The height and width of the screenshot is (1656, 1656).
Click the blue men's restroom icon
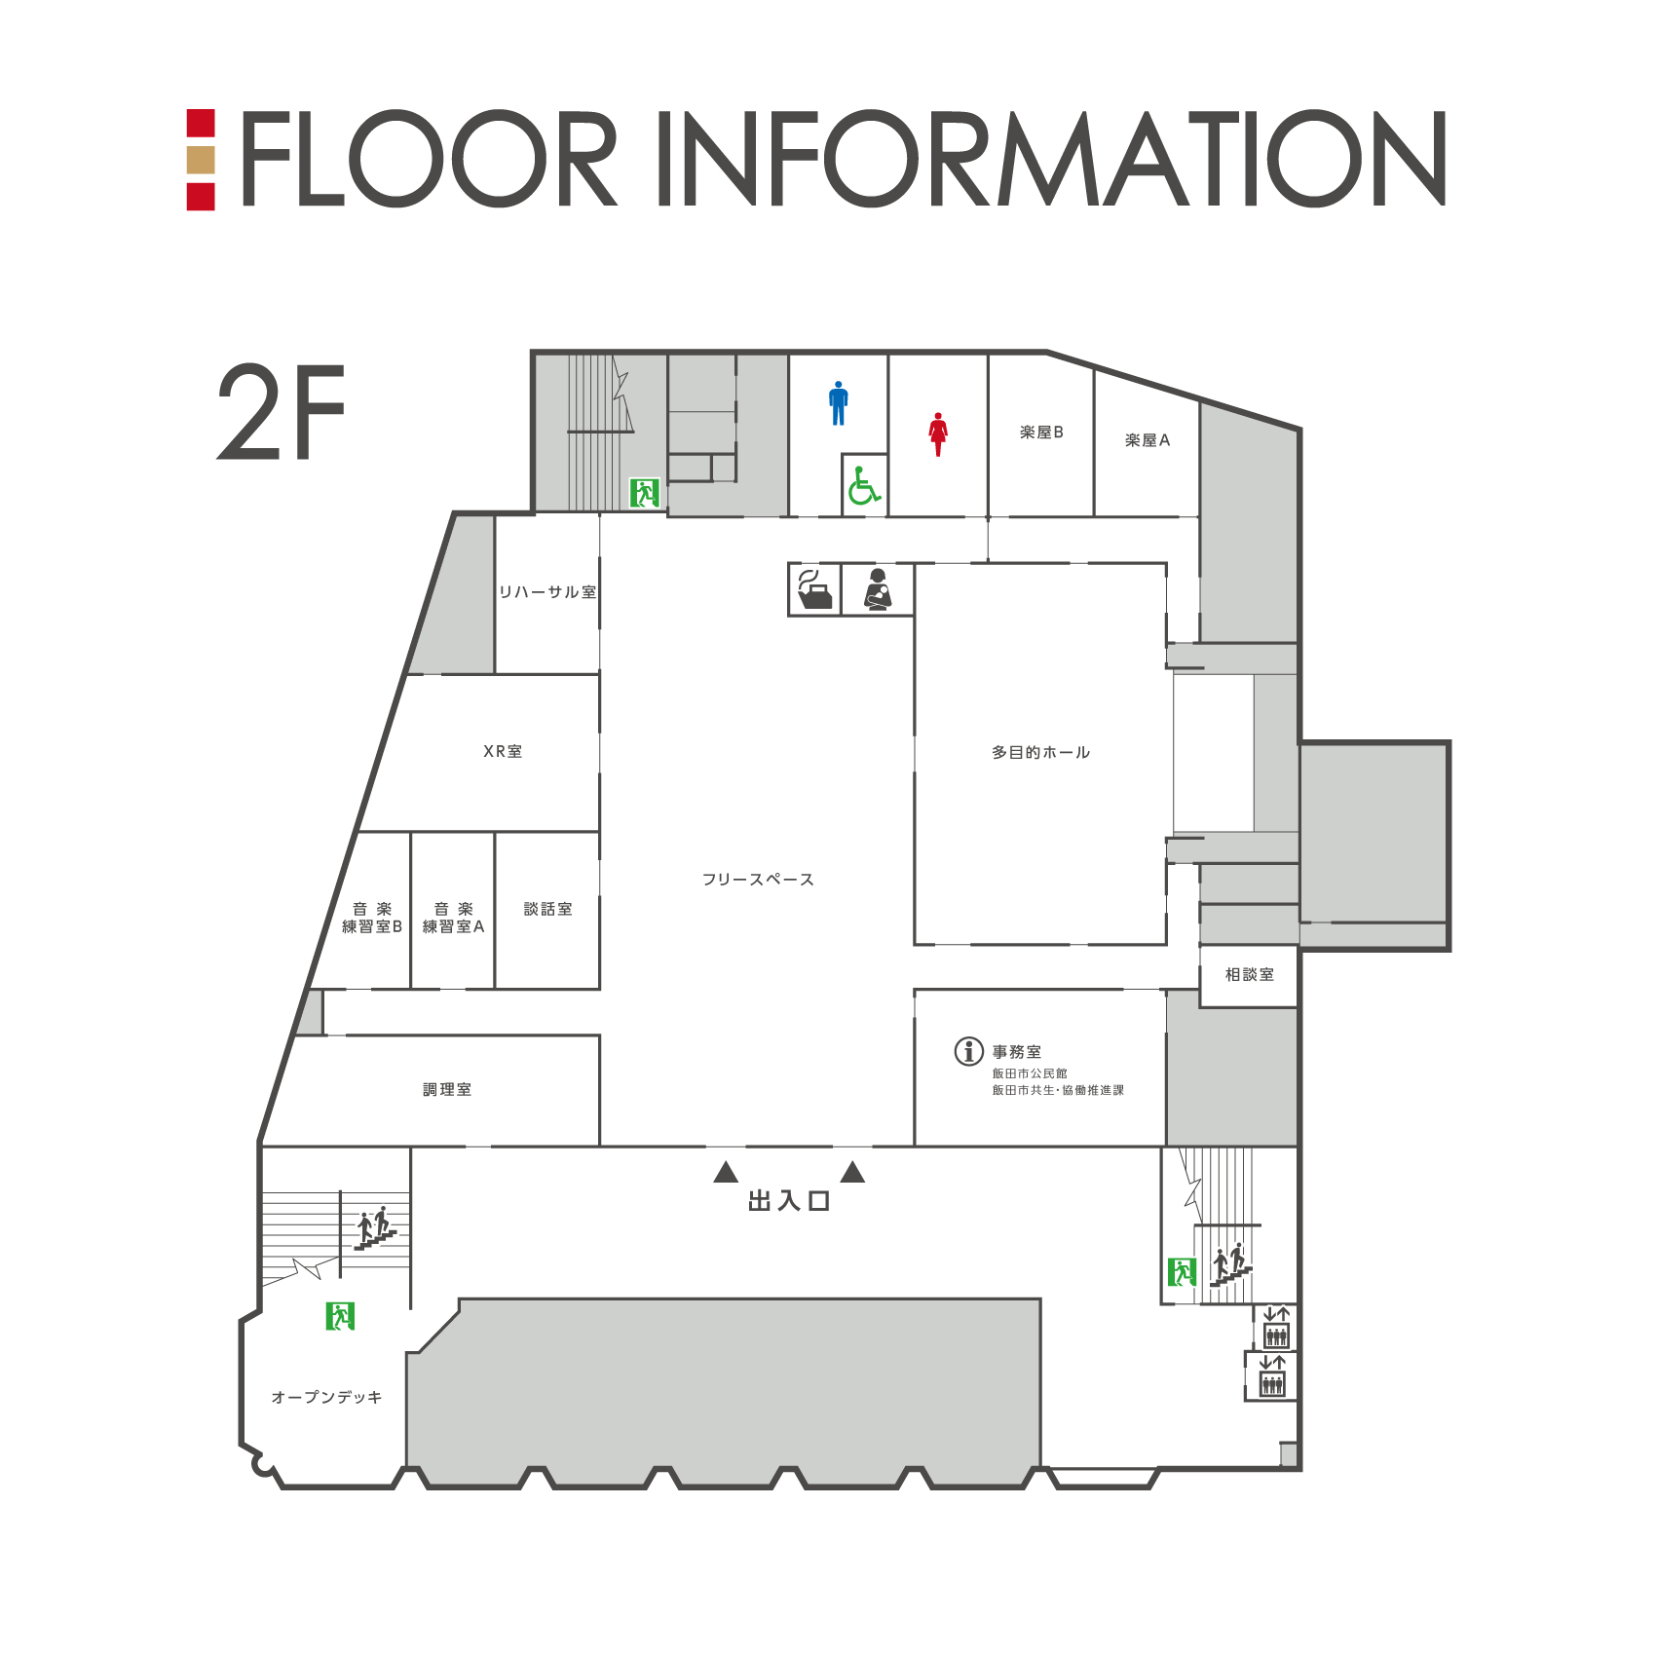tap(838, 403)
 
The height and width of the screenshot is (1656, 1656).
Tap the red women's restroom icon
tap(938, 434)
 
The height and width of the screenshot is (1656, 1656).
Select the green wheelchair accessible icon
tap(864, 485)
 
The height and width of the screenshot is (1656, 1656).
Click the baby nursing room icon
tap(878, 589)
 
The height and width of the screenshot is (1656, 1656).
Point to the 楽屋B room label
tap(1041, 433)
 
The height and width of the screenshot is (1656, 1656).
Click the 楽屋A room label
tap(1148, 440)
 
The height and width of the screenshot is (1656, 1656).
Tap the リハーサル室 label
tap(547, 592)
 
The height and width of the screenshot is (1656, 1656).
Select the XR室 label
tap(503, 751)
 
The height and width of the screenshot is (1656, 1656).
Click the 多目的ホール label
tap(1040, 752)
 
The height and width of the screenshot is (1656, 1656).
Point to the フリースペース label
tap(758, 880)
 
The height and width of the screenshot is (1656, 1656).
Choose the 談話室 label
tap(548, 909)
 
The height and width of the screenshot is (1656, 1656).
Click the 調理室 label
tap(447, 1089)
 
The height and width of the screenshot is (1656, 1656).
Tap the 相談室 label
tap(1250, 974)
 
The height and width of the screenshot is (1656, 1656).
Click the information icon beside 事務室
tap(968, 1051)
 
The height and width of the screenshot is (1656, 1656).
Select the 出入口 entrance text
tap(789, 1201)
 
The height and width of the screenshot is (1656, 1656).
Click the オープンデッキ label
tap(326, 1397)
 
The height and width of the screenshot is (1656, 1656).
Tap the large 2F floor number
tap(282, 412)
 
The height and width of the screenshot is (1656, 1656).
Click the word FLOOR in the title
tap(430, 159)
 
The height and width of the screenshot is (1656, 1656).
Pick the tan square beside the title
tap(201, 159)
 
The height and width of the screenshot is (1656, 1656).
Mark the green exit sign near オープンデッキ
tap(340, 1316)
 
